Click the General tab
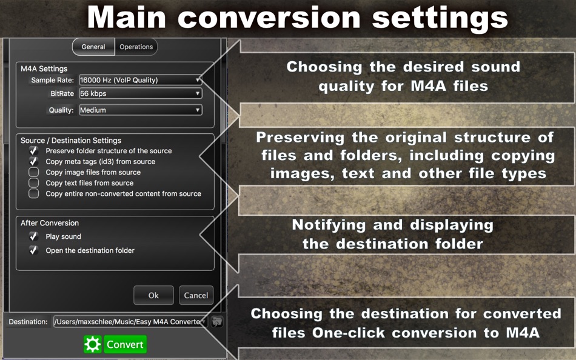click(93, 47)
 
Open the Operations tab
click(136, 47)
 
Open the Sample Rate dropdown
click(140, 80)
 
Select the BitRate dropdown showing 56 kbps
click(140, 94)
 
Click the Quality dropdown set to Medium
click(140, 110)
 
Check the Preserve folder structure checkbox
click(34, 151)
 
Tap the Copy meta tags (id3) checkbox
click(34, 162)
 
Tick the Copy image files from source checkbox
click(34, 173)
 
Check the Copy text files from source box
click(34, 183)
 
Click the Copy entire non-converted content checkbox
click(34, 194)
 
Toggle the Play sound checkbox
click(34, 237)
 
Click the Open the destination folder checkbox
click(34, 250)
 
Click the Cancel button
click(196, 295)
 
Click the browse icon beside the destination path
click(217, 322)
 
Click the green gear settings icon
click(93, 345)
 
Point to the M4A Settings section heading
click(44, 68)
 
